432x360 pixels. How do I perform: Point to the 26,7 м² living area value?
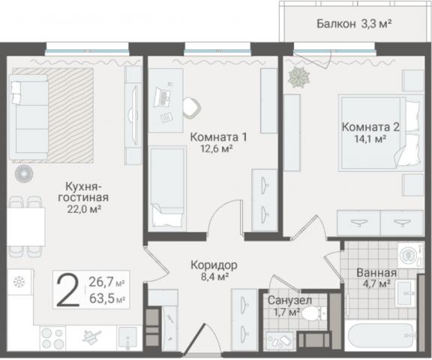click(106, 283)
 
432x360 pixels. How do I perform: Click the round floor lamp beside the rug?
click(24, 173)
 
